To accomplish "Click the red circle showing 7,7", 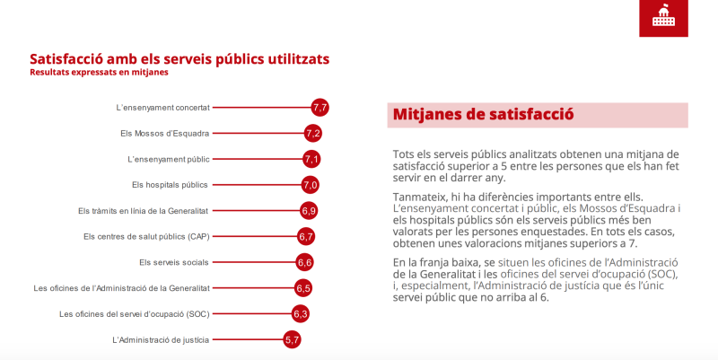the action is tap(320, 108).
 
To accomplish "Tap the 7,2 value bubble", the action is tap(312, 133).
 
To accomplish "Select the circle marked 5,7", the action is tap(292, 340).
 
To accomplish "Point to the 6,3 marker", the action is tap(301, 313).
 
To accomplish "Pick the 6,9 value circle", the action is tap(309, 211).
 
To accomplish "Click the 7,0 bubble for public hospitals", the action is tap(310, 185).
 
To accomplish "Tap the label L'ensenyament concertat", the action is tap(163, 108).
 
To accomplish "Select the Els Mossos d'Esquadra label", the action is tap(165, 133).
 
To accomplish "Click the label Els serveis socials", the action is tap(174, 262).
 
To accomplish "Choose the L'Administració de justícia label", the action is tap(161, 340).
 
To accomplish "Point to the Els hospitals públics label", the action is tap(170, 185).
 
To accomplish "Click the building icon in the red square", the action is tap(663, 16).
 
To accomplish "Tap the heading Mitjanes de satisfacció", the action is tap(483, 114).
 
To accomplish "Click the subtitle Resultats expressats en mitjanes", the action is tap(99, 73).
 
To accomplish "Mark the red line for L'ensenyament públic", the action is tap(258, 160).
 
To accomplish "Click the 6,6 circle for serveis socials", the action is tap(304, 262).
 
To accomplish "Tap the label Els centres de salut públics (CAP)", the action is tap(146, 237).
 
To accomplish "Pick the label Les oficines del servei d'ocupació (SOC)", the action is tap(134, 314).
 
